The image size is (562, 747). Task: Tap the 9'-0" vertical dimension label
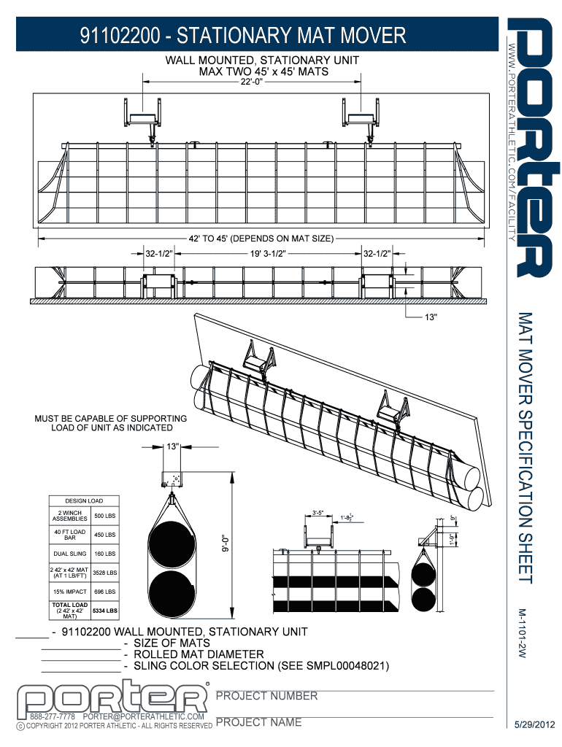(226, 544)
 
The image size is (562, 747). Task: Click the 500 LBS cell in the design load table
(104, 516)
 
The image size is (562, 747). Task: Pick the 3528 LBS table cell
(104, 573)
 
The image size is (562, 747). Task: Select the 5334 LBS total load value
(104, 611)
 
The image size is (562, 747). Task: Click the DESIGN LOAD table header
(84, 501)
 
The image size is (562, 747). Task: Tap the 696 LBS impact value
(104, 592)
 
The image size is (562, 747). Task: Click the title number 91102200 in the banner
(122, 35)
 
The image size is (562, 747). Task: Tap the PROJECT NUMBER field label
(267, 696)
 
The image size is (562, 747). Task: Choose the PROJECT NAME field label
(258, 722)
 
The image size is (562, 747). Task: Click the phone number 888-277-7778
(52, 717)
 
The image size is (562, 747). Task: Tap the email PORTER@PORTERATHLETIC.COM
(148, 717)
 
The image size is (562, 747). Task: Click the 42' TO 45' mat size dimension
(261, 238)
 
